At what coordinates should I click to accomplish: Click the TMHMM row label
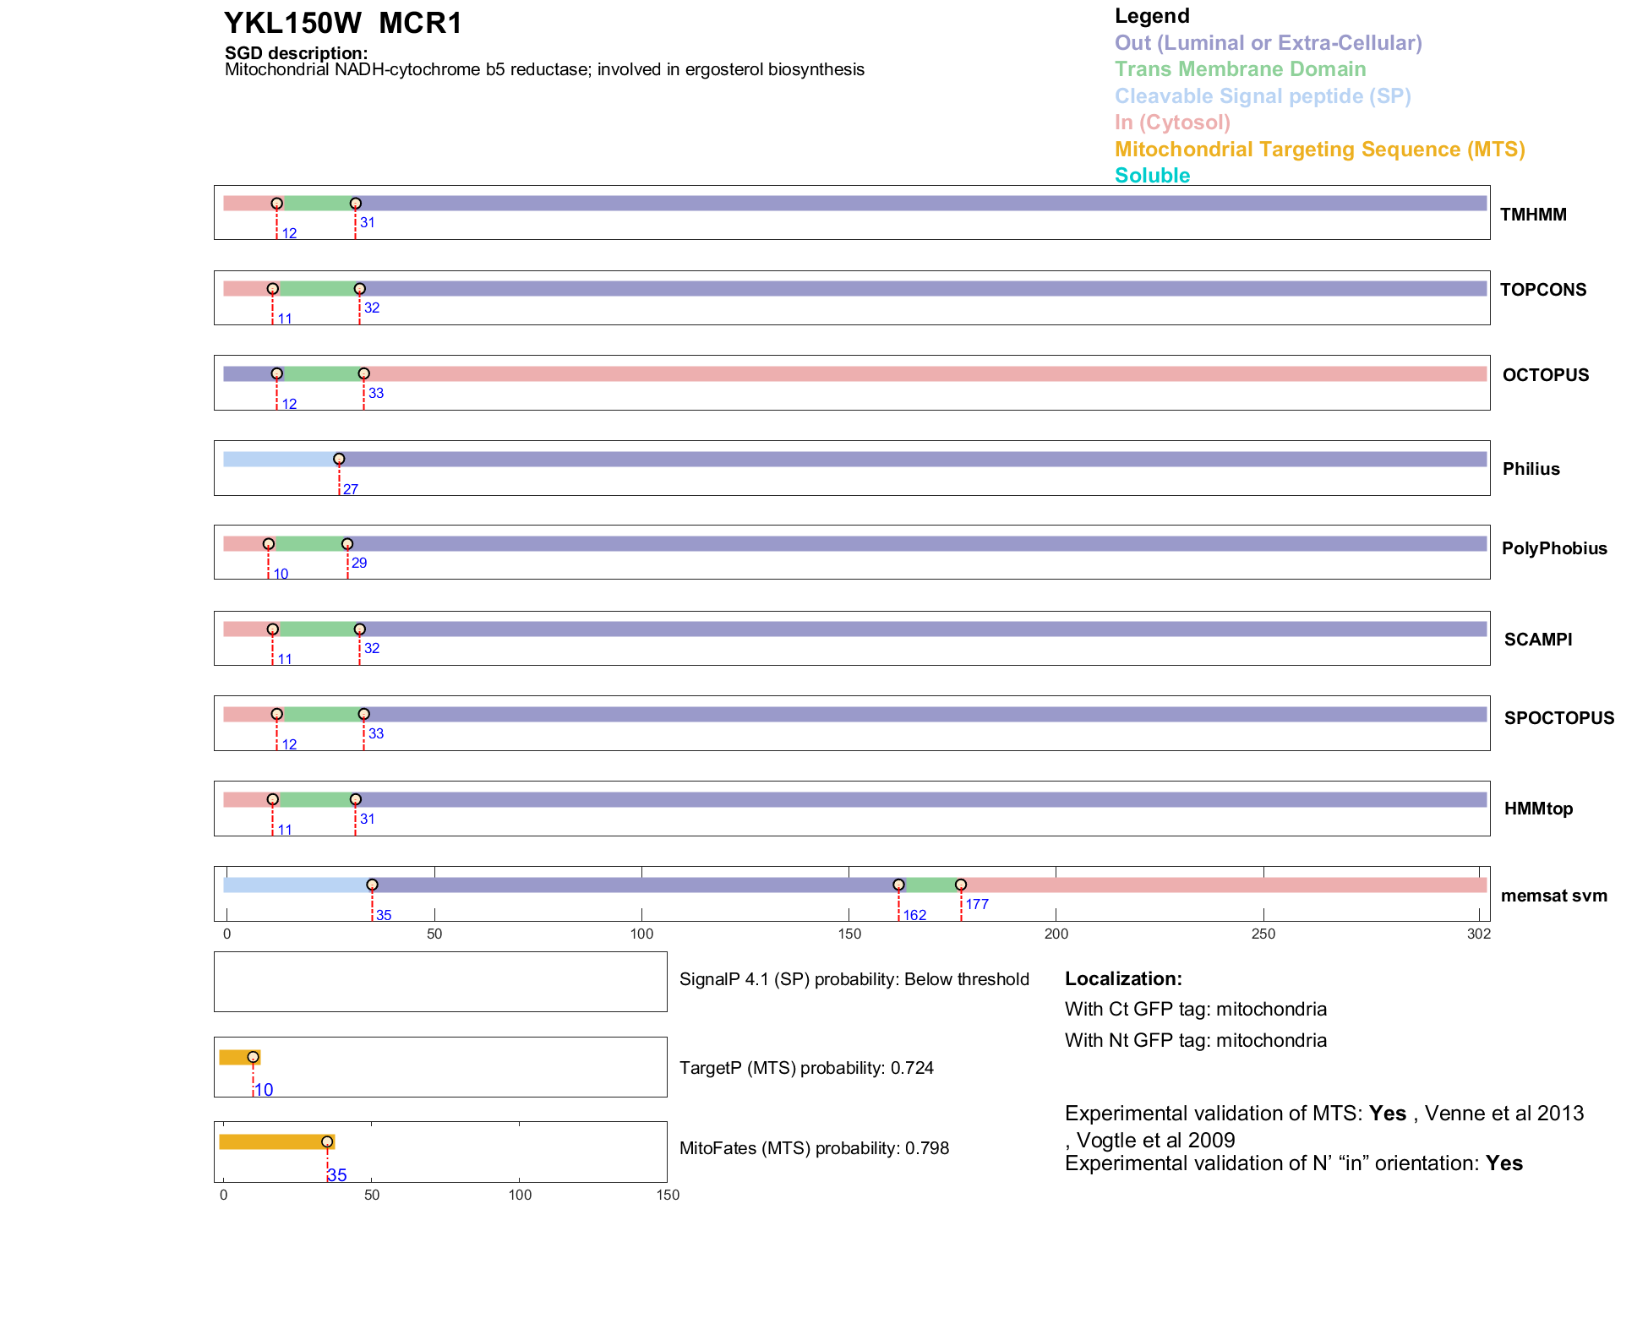click(x=1532, y=215)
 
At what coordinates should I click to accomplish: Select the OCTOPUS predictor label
click(x=1545, y=375)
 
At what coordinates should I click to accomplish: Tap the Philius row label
click(x=1531, y=469)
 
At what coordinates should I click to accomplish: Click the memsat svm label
click(x=1553, y=896)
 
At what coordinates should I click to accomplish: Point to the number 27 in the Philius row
click(x=350, y=489)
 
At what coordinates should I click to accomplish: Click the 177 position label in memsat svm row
click(x=976, y=904)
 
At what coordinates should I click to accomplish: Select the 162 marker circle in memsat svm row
click(x=898, y=885)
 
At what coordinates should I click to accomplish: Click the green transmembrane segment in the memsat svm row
click(x=930, y=885)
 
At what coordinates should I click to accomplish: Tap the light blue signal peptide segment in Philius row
click(x=279, y=459)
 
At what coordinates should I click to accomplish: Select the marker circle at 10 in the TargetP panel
click(x=253, y=1057)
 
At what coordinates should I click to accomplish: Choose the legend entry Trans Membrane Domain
click(x=1240, y=69)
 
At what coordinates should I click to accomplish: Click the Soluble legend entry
click(x=1152, y=176)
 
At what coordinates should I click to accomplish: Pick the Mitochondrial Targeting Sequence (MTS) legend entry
click(x=1319, y=150)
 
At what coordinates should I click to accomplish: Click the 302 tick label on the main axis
click(x=1478, y=934)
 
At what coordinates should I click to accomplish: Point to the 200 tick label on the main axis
click(x=1056, y=934)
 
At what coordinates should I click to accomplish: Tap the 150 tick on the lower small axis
click(x=668, y=1195)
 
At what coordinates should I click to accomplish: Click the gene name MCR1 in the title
click(x=420, y=24)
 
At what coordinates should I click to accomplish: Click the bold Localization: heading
click(x=1122, y=978)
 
